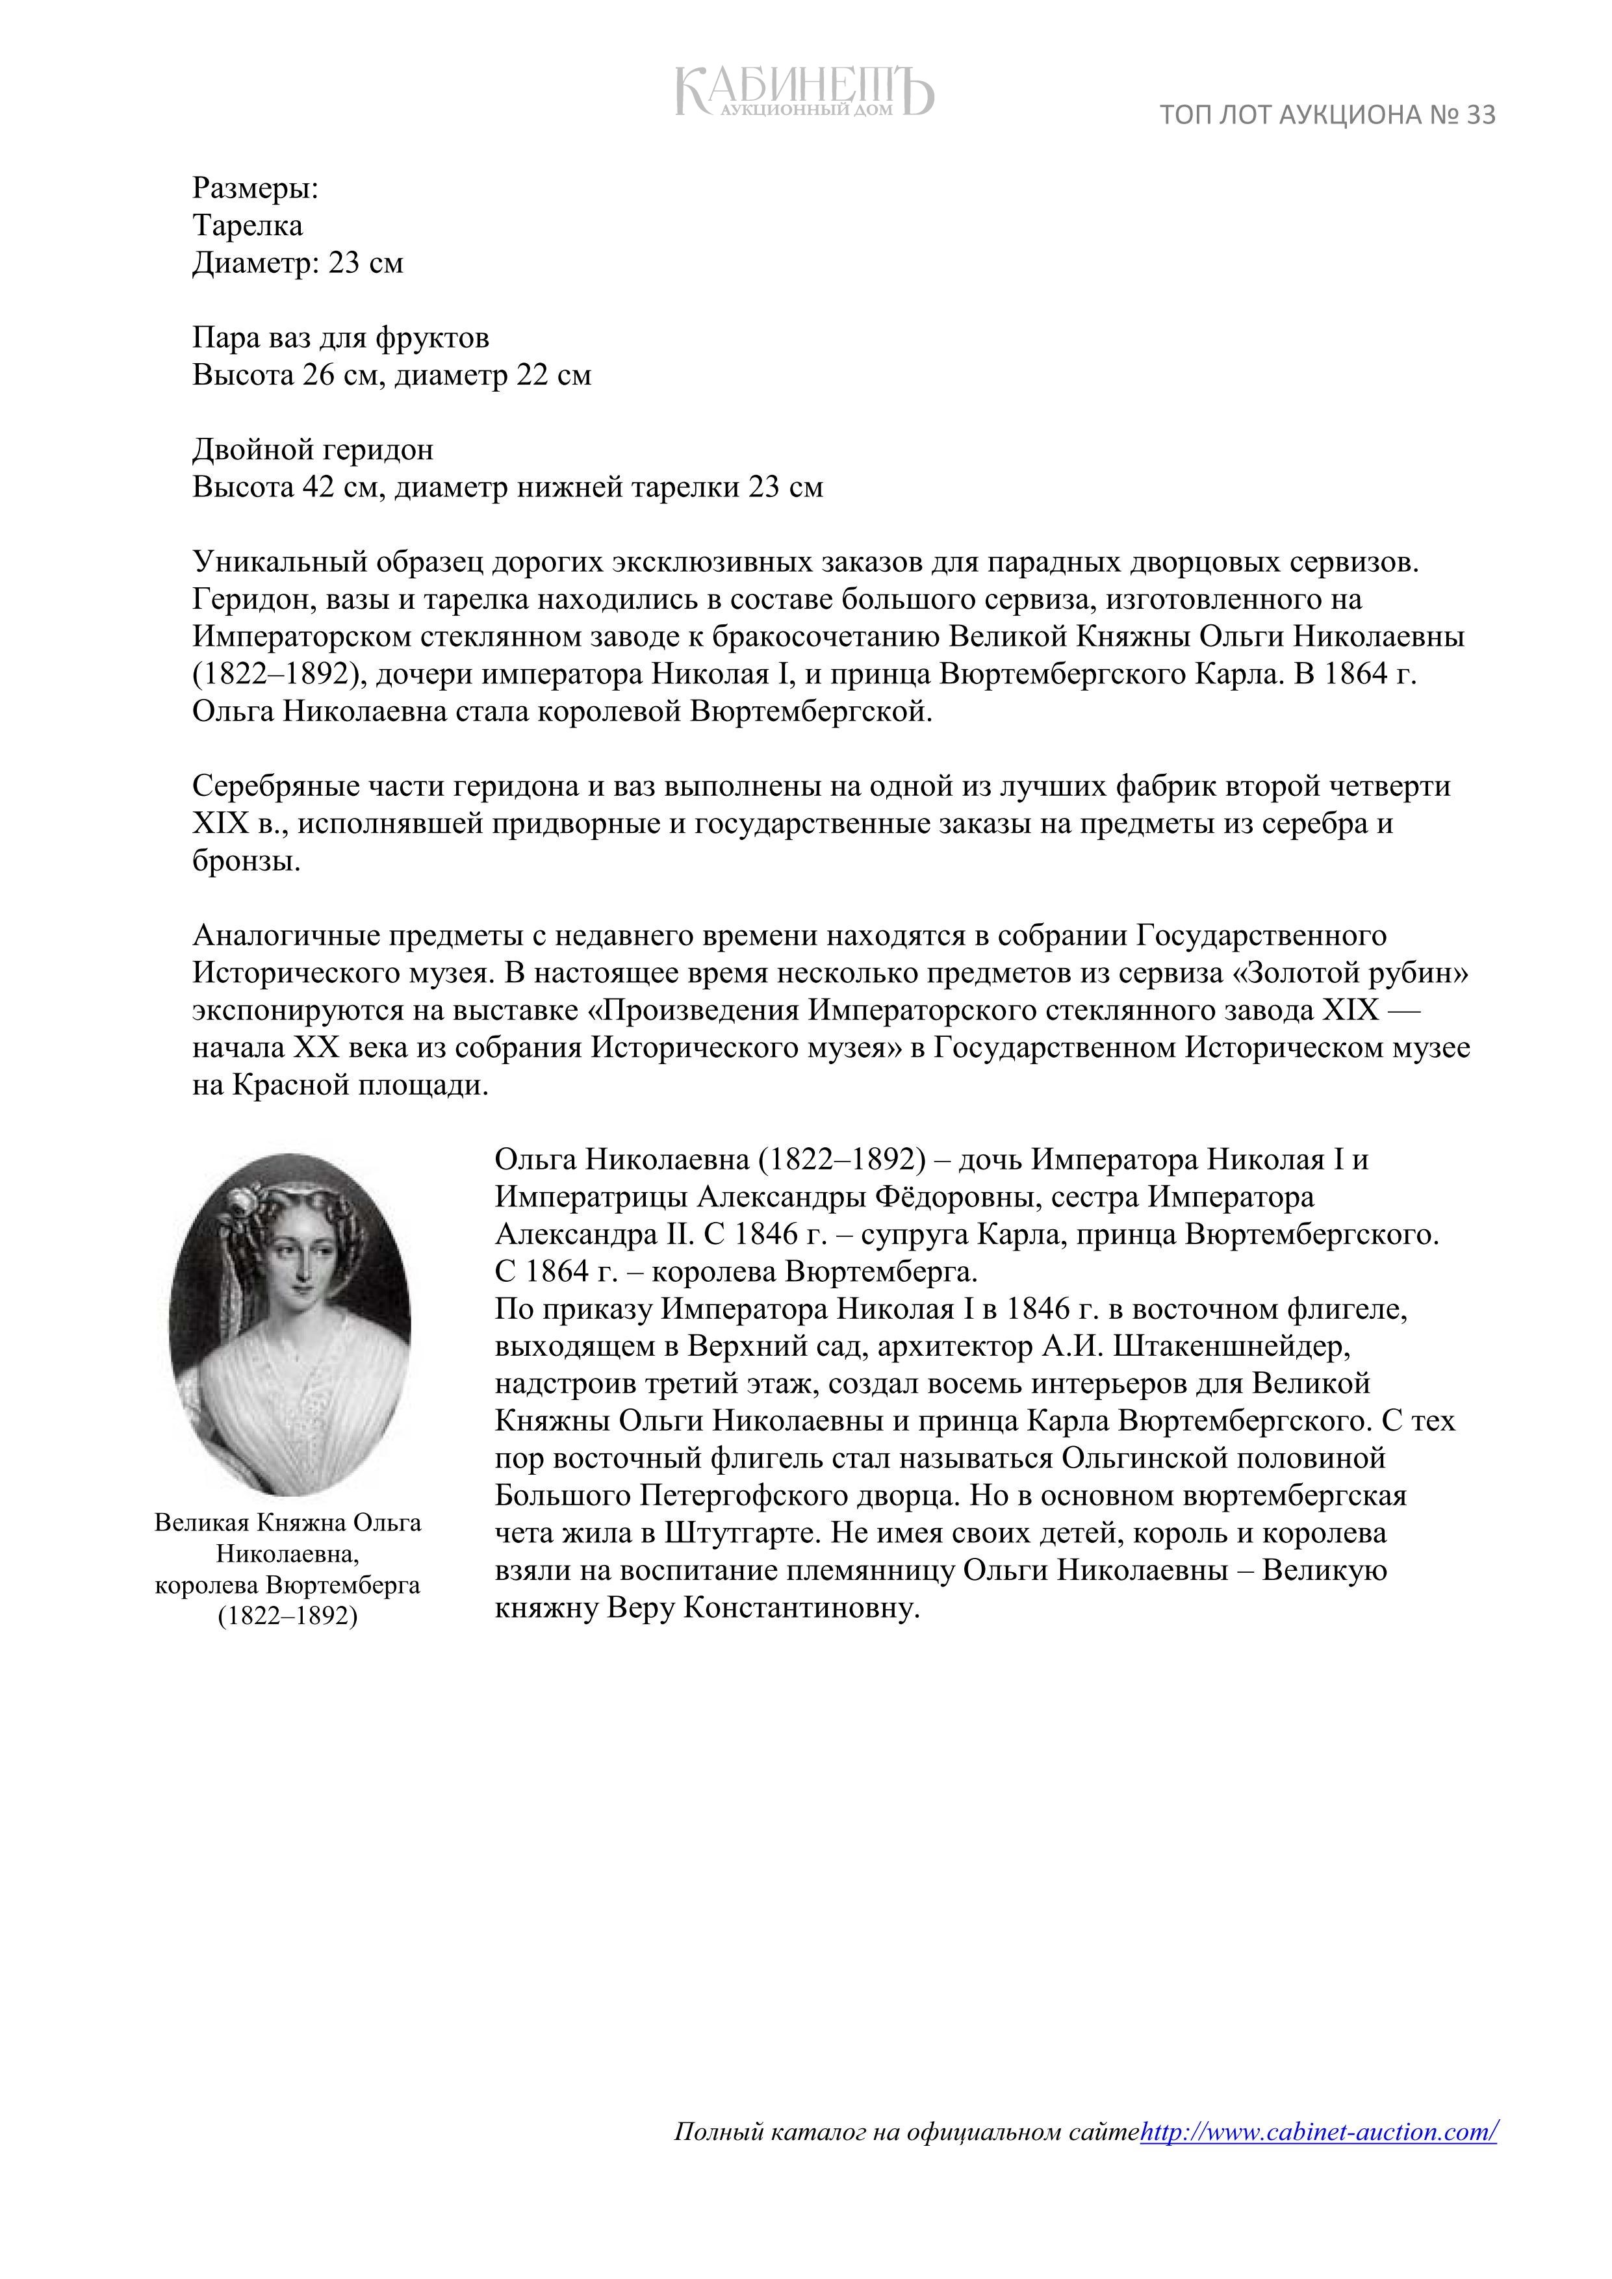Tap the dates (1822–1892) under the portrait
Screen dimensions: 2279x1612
click(x=288, y=1615)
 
